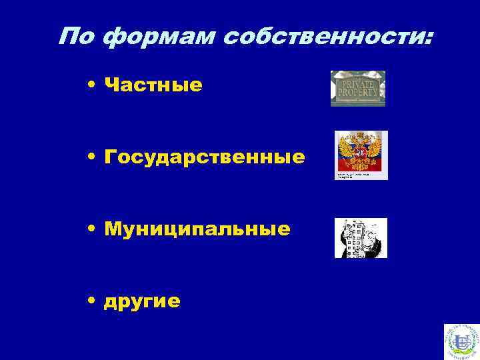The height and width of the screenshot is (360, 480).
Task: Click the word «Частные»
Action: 153,85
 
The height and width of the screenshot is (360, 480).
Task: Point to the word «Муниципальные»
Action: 197,229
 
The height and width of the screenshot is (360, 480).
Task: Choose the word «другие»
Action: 142,301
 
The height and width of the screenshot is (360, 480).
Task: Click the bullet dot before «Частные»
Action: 90,85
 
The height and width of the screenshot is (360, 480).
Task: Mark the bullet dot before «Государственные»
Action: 90,157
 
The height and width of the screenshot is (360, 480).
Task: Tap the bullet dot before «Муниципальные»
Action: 90,229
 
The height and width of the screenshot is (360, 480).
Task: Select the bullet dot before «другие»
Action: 90,301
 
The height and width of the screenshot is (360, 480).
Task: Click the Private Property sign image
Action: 358,89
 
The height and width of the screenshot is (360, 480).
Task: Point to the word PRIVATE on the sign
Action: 358,85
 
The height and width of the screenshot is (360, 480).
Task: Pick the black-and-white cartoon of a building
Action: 360,238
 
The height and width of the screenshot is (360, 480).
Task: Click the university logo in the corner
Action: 461,341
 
